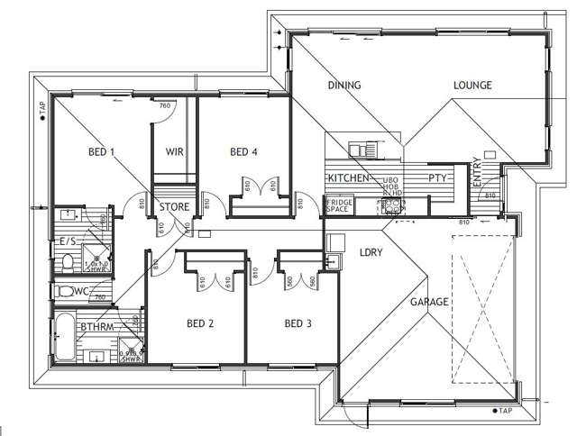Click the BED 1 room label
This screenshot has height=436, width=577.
click(x=101, y=151)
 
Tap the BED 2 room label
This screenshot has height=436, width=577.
click(x=199, y=323)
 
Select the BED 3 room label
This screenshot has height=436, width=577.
click(x=298, y=323)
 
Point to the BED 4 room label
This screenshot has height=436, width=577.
click(x=243, y=151)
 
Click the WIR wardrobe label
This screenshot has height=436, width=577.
click(x=174, y=151)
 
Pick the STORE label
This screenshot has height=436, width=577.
click(x=174, y=207)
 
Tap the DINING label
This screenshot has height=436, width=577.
click(x=343, y=86)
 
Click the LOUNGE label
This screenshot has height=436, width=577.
click(x=472, y=86)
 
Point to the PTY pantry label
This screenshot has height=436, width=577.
click(x=438, y=178)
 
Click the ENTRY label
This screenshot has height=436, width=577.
click(x=477, y=173)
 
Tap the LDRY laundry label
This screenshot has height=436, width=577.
click(x=371, y=253)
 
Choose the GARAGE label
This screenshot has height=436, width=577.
click(x=429, y=302)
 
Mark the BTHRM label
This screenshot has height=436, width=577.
click(x=96, y=327)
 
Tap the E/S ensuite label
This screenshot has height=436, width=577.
click(x=68, y=241)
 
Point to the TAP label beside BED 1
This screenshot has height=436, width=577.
click(x=41, y=108)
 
